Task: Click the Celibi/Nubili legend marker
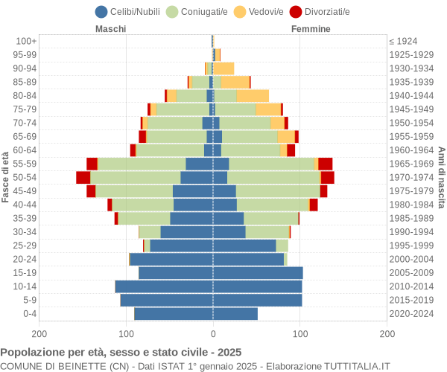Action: pos(101,11)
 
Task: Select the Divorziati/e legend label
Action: pos(329,11)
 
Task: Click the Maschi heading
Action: pos(110,29)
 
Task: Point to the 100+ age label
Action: pos(27,41)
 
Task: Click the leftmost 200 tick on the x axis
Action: pos(39,335)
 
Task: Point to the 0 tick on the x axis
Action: pos(213,335)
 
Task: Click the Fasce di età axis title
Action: pos(6,177)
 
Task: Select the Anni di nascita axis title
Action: pos(440,177)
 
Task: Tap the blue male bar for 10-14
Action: pos(164,286)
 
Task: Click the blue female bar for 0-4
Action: pos(235,314)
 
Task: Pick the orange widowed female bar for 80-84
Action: pos(253,95)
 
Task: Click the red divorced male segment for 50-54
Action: pos(83,177)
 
